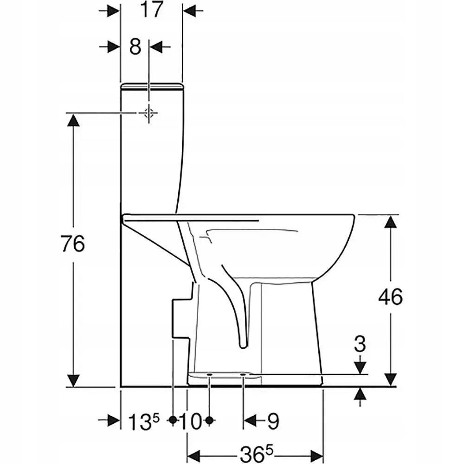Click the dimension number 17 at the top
click(x=152, y=10)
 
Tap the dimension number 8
click(x=135, y=47)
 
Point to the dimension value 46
click(x=390, y=297)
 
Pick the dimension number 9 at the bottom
click(x=273, y=421)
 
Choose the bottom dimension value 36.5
click(x=256, y=454)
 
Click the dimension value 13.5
click(x=144, y=421)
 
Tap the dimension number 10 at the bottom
click(x=191, y=421)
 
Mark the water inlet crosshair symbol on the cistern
click(x=149, y=113)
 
